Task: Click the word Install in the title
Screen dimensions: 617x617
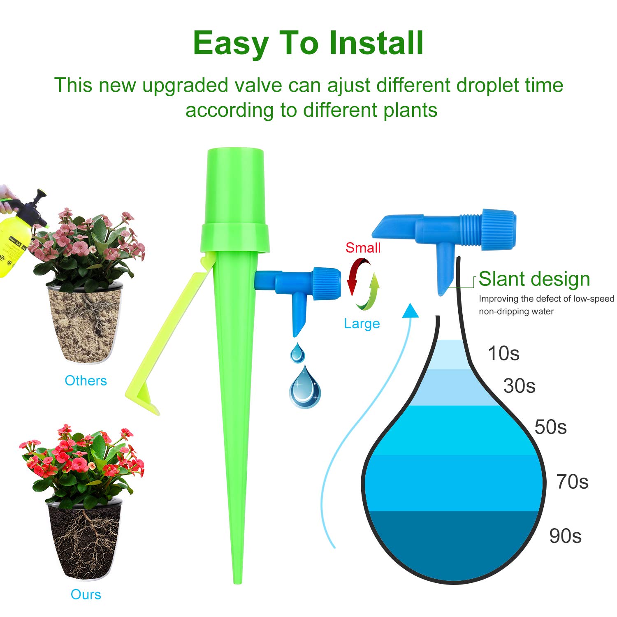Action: coord(376,43)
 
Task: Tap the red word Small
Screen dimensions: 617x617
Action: coord(363,248)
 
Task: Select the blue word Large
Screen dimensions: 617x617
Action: coord(362,324)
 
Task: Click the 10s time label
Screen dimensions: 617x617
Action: coord(503,353)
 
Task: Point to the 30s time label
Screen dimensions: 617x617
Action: coord(519,386)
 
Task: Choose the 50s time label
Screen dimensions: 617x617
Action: coord(550,427)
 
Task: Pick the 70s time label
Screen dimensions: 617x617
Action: coord(572,482)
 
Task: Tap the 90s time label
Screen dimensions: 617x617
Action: coord(565,536)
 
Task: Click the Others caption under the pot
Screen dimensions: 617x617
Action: coord(86,380)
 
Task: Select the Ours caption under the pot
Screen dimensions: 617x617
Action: coord(86,594)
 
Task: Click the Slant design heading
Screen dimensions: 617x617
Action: coord(534,279)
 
